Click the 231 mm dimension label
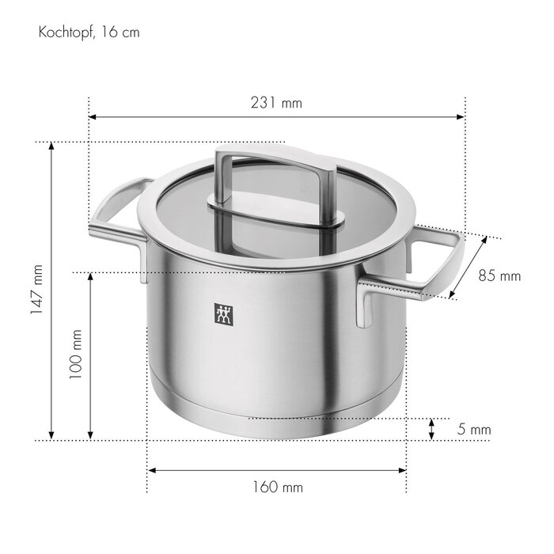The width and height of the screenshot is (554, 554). click(x=276, y=103)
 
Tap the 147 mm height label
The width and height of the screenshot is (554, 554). click(x=36, y=290)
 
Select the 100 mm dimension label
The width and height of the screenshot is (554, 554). click(x=76, y=355)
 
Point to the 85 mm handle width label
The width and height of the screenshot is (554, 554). click(x=499, y=275)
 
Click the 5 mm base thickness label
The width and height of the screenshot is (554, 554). click(x=475, y=430)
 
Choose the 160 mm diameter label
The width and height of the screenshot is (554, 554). click(x=277, y=487)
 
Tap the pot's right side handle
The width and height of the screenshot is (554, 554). click(x=427, y=265)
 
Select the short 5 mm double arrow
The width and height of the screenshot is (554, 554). click(x=431, y=429)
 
